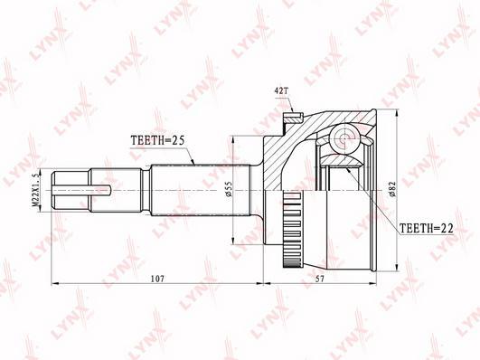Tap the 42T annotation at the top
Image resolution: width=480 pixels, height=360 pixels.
[282, 91]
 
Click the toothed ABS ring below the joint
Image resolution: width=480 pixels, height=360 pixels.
[291, 234]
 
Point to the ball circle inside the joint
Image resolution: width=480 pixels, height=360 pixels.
[344, 137]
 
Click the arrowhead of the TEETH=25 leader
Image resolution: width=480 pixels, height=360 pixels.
[195, 162]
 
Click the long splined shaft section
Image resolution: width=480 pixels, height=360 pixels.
[190, 190]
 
